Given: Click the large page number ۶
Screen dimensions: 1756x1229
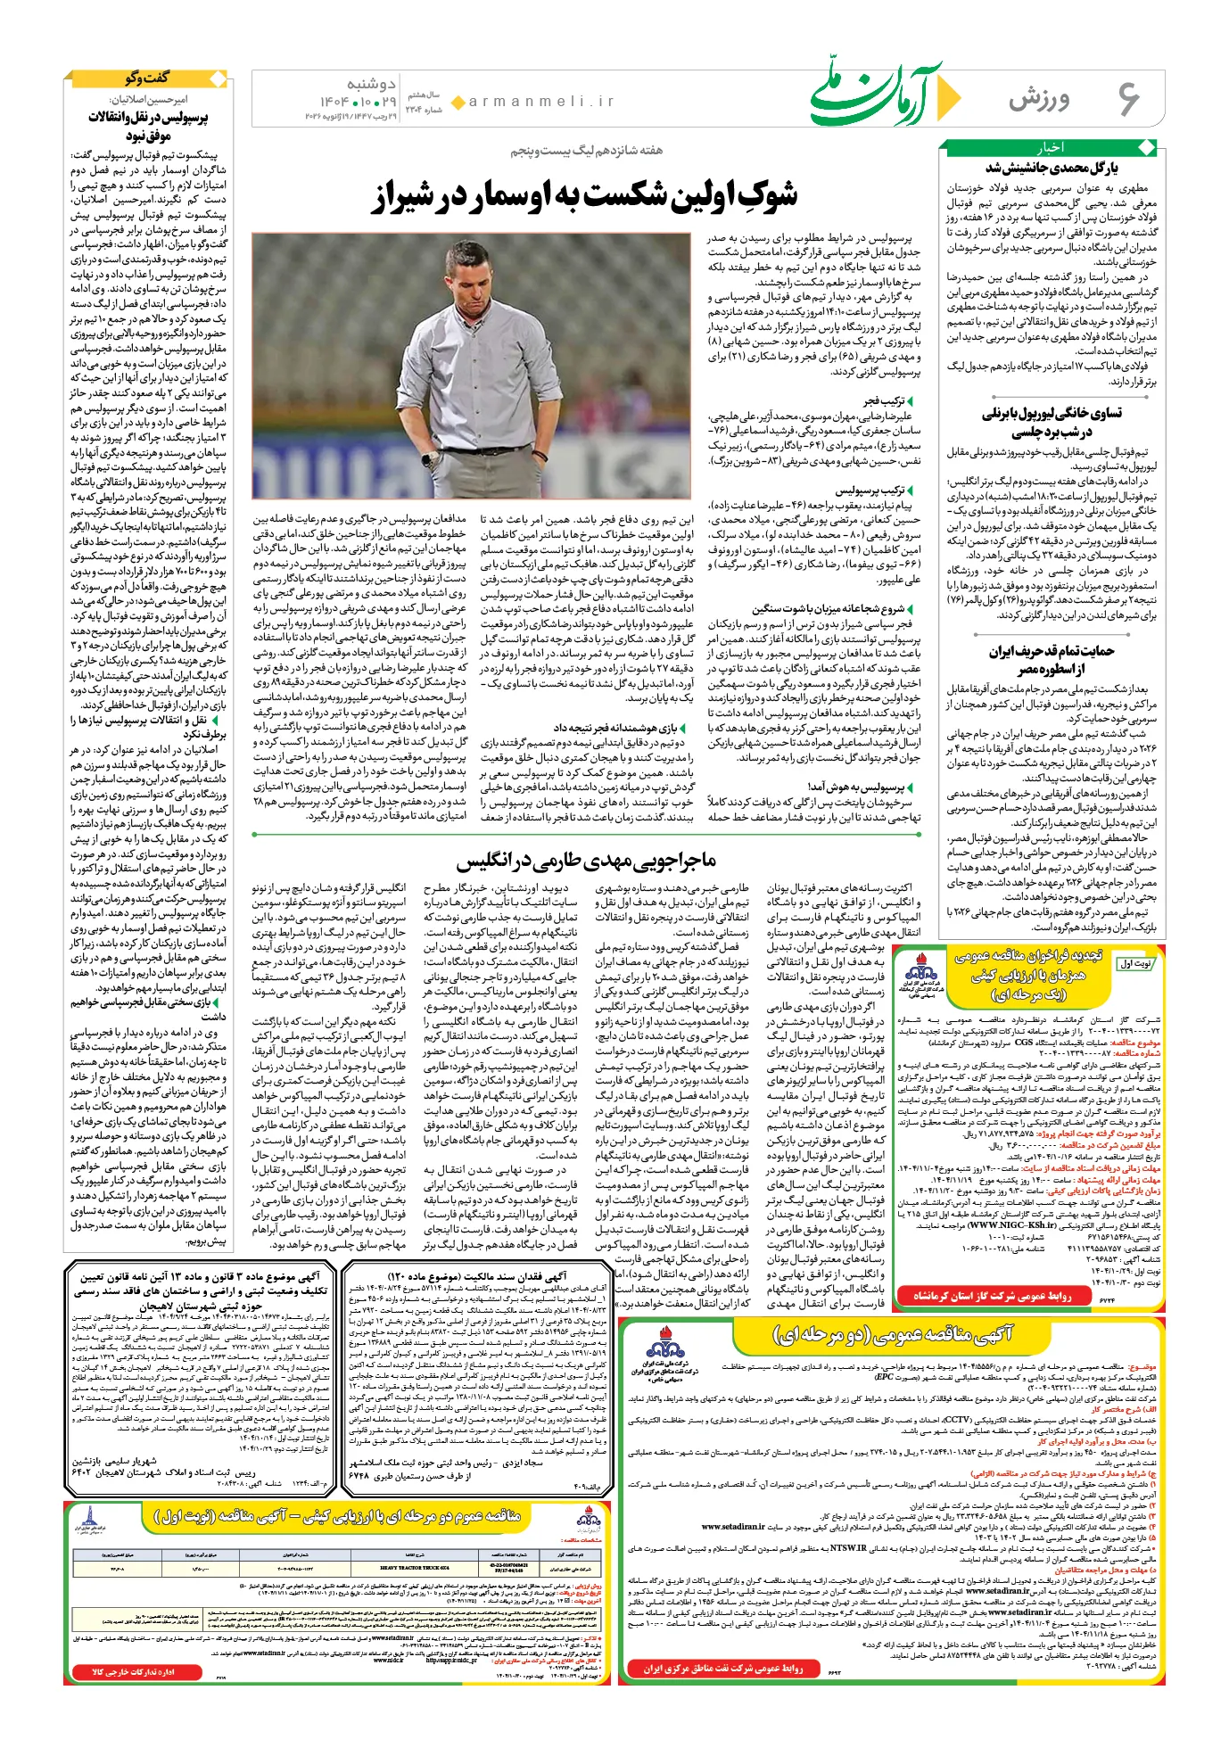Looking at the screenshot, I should point(1127,99).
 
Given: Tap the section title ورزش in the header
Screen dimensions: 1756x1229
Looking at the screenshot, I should point(1040,99).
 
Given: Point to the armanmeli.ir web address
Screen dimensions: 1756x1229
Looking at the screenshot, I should point(541,102).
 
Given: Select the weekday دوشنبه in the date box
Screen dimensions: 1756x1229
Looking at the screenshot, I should point(371,84).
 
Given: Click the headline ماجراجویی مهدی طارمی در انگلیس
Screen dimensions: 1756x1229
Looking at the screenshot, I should point(586,860).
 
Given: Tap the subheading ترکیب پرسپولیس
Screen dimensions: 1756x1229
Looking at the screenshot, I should point(870,490).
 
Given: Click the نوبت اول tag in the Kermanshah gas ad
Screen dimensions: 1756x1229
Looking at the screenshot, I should point(1137,964).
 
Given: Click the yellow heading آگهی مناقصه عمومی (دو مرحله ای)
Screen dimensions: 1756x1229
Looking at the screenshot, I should point(891,1334).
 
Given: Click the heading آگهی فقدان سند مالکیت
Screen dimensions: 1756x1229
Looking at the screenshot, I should point(478,1275).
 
